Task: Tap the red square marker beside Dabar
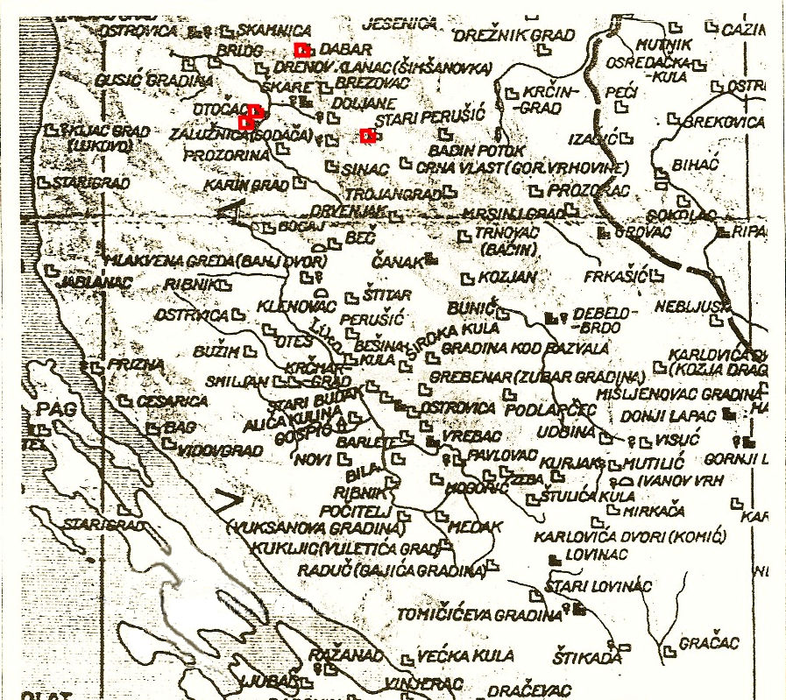(x=301, y=49)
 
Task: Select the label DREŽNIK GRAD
(x=514, y=36)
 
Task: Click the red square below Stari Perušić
(x=367, y=135)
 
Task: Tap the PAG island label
(x=52, y=410)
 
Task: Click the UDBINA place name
(x=567, y=432)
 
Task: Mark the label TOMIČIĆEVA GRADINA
(x=478, y=615)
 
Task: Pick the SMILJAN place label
(x=236, y=382)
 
